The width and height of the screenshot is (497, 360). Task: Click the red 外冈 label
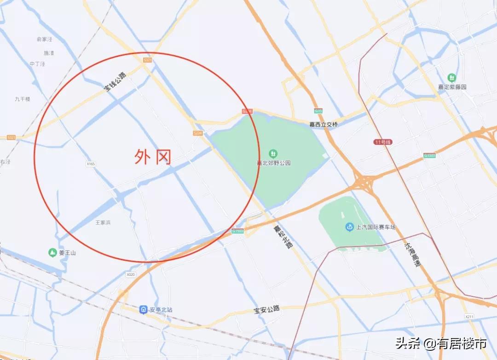[x=153, y=157]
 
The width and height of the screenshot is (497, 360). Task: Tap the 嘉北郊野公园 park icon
[x=273, y=153]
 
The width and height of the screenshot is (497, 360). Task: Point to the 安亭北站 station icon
[x=144, y=310]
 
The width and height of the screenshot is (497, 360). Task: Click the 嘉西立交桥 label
[x=324, y=124]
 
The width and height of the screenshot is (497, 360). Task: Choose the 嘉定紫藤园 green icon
[x=452, y=77]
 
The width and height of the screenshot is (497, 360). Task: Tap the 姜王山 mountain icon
[x=52, y=252]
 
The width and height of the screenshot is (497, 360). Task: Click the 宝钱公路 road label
[x=115, y=81]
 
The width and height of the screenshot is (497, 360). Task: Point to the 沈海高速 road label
[x=412, y=254]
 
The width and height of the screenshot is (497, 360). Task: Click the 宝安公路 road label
[x=267, y=309]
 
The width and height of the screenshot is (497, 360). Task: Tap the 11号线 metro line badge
[x=382, y=143]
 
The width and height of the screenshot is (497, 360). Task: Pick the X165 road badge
[x=90, y=164]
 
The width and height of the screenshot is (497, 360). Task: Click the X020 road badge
[x=131, y=274]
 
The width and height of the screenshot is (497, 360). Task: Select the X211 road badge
[x=469, y=317]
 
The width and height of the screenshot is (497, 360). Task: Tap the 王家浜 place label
[x=103, y=223]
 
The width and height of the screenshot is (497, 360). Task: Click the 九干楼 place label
[x=22, y=99]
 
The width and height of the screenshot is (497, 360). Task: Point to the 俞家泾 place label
[x=45, y=40]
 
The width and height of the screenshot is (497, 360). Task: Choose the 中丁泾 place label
[x=37, y=64]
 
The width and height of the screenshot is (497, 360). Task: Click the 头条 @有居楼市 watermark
[x=441, y=343]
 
